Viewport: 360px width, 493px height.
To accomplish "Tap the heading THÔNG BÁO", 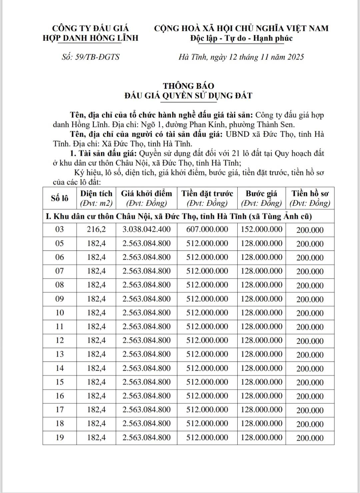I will click(x=188, y=86).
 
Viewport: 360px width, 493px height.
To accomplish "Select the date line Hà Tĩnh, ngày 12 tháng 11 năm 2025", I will click(x=241, y=57).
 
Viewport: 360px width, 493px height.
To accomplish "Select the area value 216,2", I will click(x=96, y=230).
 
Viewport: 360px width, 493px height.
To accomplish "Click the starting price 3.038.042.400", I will click(x=146, y=230).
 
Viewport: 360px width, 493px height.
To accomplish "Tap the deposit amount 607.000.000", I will click(x=207, y=230).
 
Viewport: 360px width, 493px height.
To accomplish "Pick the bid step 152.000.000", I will click(x=262, y=230).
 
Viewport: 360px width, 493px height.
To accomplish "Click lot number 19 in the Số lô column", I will click(x=59, y=438).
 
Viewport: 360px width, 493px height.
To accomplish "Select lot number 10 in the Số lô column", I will click(x=59, y=313).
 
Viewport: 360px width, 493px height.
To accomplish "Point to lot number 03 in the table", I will click(x=59, y=230).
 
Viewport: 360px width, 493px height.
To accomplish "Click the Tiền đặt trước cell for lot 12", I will click(x=207, y=341).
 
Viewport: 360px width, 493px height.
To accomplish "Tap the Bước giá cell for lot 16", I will click(x=262, y=396).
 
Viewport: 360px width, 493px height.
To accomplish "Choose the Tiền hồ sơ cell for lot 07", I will click(x=310, y=272).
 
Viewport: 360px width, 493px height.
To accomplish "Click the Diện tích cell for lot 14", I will click(x=96, y=368).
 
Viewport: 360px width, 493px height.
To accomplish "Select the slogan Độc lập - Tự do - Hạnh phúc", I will click(x=241, y=38).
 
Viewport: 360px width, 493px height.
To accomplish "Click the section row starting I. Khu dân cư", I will click(x=179, y=216).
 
